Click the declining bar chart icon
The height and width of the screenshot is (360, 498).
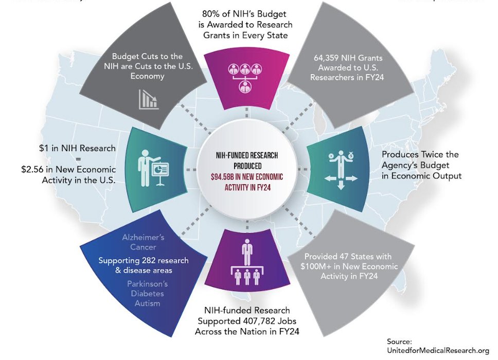[x=148, y=99]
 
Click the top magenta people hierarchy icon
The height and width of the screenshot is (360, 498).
[x=243, y=76]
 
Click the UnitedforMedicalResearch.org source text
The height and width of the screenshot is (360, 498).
[x=437, y=351]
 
